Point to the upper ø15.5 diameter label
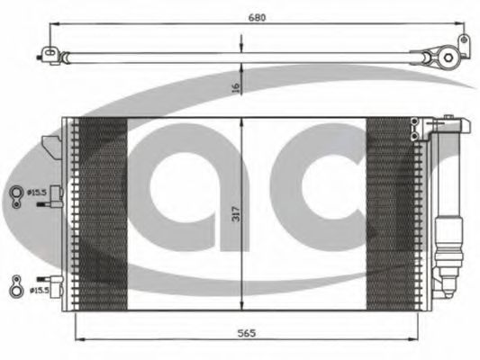(37, 192)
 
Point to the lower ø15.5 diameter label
(37, 290)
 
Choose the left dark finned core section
(101, 214)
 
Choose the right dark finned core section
(391, 214)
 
